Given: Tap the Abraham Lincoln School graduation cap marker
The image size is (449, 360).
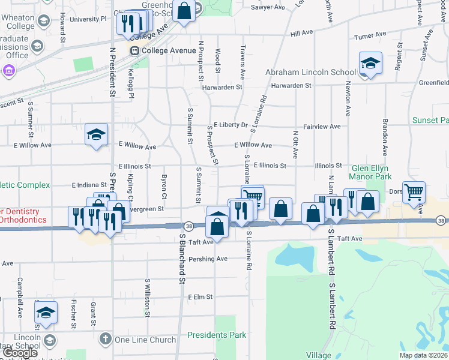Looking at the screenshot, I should (370, 64).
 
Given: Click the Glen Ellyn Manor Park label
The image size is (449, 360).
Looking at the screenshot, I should (371, 172).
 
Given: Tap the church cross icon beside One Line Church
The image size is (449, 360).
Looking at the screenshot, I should (106, 340).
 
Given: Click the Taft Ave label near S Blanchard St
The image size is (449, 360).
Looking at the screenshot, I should (200, 242).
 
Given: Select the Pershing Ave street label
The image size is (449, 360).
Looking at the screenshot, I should (208, 259).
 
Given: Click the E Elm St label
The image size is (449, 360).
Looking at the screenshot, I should (200, 297).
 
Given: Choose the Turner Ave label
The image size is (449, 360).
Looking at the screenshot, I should (373, 37).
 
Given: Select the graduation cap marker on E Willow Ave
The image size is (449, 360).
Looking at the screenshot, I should (96, 135).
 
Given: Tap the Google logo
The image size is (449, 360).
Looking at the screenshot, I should (20, 353).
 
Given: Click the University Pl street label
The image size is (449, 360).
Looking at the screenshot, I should (88, 19).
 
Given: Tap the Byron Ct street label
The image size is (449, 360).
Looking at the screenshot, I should (164, 187).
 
